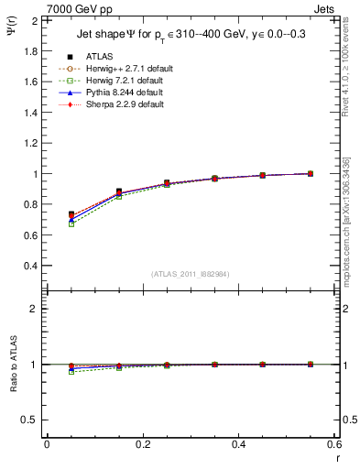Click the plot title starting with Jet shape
[189, 36]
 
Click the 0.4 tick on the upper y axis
[30, 266]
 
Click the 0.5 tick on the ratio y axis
[30, 420]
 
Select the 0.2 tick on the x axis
[142, 444]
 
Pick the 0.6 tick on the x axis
[334, 444]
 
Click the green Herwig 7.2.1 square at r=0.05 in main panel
[71, 224]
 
